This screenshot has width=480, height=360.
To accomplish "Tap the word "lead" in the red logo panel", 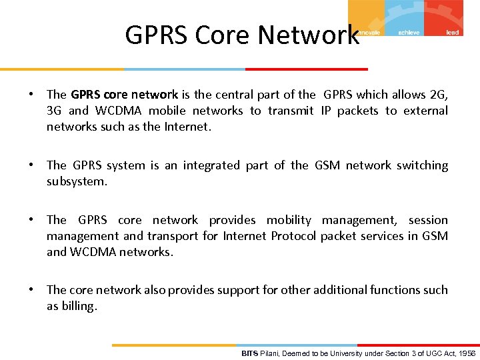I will [x=452, y=32].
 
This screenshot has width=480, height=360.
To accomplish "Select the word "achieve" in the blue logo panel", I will [x=409, y=32].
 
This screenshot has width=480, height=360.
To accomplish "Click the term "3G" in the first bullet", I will [x=54, y=111].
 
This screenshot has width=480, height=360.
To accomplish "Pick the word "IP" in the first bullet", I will [x=327, y=111].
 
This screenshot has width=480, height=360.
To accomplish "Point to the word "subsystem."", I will [x=77, y=181].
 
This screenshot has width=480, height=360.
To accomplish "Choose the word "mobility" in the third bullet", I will [x=289, y=220].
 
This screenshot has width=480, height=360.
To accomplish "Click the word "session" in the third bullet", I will [x=428, y=220].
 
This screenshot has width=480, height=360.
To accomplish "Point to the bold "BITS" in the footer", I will [x=249, y=353].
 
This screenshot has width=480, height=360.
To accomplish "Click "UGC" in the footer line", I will [x=434, y=353].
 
